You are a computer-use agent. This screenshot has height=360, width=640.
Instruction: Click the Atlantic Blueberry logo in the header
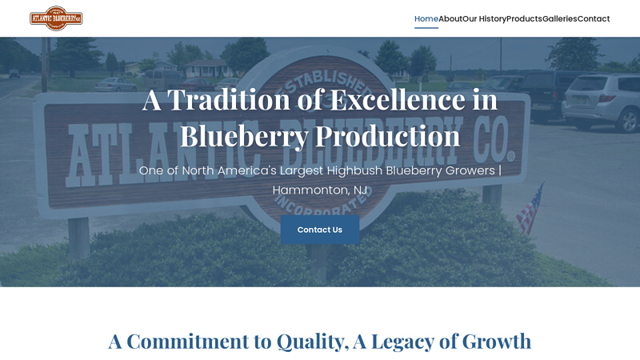56,18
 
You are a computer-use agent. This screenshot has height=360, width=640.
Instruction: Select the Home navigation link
426,18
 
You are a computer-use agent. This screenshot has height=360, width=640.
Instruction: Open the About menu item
450,18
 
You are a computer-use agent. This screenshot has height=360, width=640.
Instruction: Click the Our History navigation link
484,18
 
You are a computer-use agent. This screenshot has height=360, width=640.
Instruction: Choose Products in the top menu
524,18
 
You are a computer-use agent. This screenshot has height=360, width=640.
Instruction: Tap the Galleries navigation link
559,18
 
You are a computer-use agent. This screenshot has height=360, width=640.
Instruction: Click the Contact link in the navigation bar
594,18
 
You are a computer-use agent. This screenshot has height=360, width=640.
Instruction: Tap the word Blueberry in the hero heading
243,136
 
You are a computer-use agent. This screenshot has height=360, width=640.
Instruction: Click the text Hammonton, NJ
320,190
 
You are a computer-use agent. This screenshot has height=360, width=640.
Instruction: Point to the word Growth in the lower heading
494,341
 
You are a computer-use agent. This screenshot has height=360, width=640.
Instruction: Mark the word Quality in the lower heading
311,341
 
